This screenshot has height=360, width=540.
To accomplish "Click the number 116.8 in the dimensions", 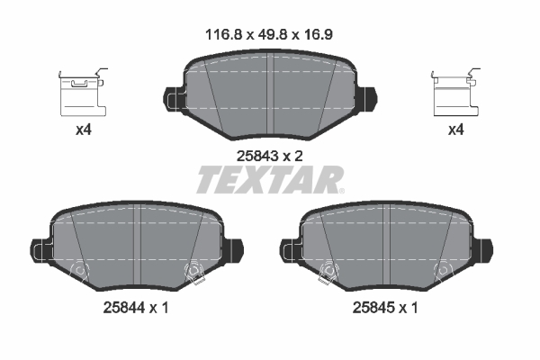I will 219,35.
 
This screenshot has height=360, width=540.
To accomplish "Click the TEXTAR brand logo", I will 267,181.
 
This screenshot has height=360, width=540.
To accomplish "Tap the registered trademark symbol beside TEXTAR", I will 340,190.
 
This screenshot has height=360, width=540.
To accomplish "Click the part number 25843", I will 255,155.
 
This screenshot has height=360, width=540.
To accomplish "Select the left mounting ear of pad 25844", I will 39,247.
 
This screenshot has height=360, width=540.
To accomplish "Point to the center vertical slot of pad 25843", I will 271,90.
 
